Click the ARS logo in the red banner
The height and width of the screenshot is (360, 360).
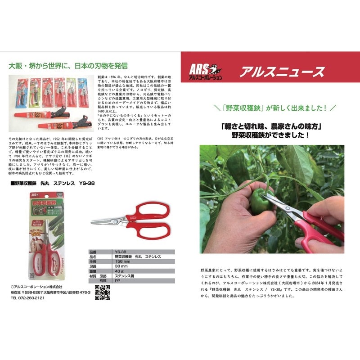[x=204, y=71]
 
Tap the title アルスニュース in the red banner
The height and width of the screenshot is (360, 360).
[x=282, y=72]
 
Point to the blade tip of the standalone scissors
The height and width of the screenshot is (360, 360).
[x=92, y=222]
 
